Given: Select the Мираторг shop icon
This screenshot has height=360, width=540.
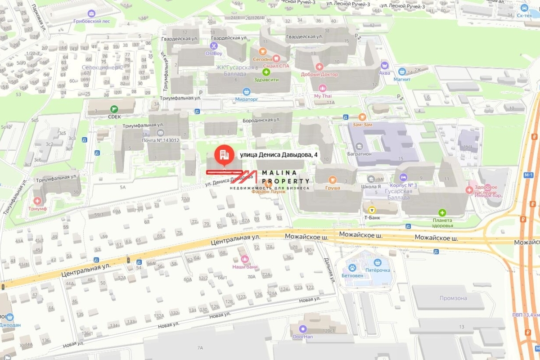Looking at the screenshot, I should (246, 91).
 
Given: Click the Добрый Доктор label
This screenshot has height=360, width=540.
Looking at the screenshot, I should (319, 74).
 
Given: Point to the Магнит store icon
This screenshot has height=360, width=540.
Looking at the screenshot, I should (402, 72).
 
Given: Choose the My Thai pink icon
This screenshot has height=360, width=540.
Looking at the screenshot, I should (322, 88).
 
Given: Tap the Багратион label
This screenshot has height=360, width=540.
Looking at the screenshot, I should (359, 154).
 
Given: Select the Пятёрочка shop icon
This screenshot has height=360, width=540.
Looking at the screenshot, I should (378, 262).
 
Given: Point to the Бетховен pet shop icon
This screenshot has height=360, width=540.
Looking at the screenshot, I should (351, 262).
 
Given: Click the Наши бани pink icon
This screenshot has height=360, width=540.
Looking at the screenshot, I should (245, 259).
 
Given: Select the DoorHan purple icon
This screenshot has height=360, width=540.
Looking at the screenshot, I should (302, 329).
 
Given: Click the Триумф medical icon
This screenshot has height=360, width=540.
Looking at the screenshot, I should (37, 201).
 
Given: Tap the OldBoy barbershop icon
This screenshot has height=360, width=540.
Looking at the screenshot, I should (214, 45).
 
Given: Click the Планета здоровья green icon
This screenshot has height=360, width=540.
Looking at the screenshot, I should (442, 213).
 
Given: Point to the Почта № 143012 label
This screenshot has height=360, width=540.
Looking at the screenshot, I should (161, 140).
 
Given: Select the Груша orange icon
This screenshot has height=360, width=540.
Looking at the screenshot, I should (333, 179).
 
